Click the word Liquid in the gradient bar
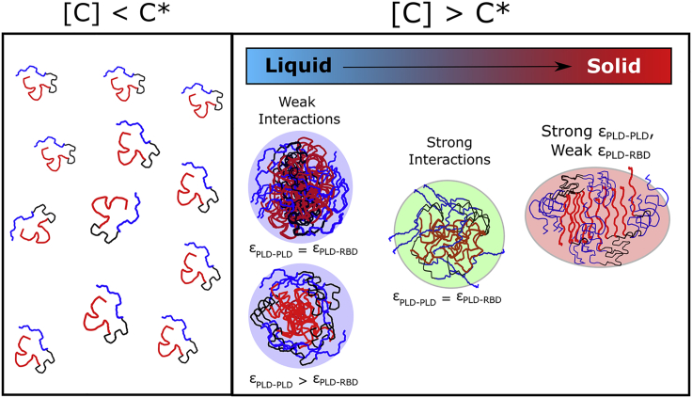click(298, 67)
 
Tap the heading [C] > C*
click(459, 14)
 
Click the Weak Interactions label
click(297, 111)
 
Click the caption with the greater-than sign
click(297, 382)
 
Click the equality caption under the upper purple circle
click(297, 250)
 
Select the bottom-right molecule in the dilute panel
click(179, 338)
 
